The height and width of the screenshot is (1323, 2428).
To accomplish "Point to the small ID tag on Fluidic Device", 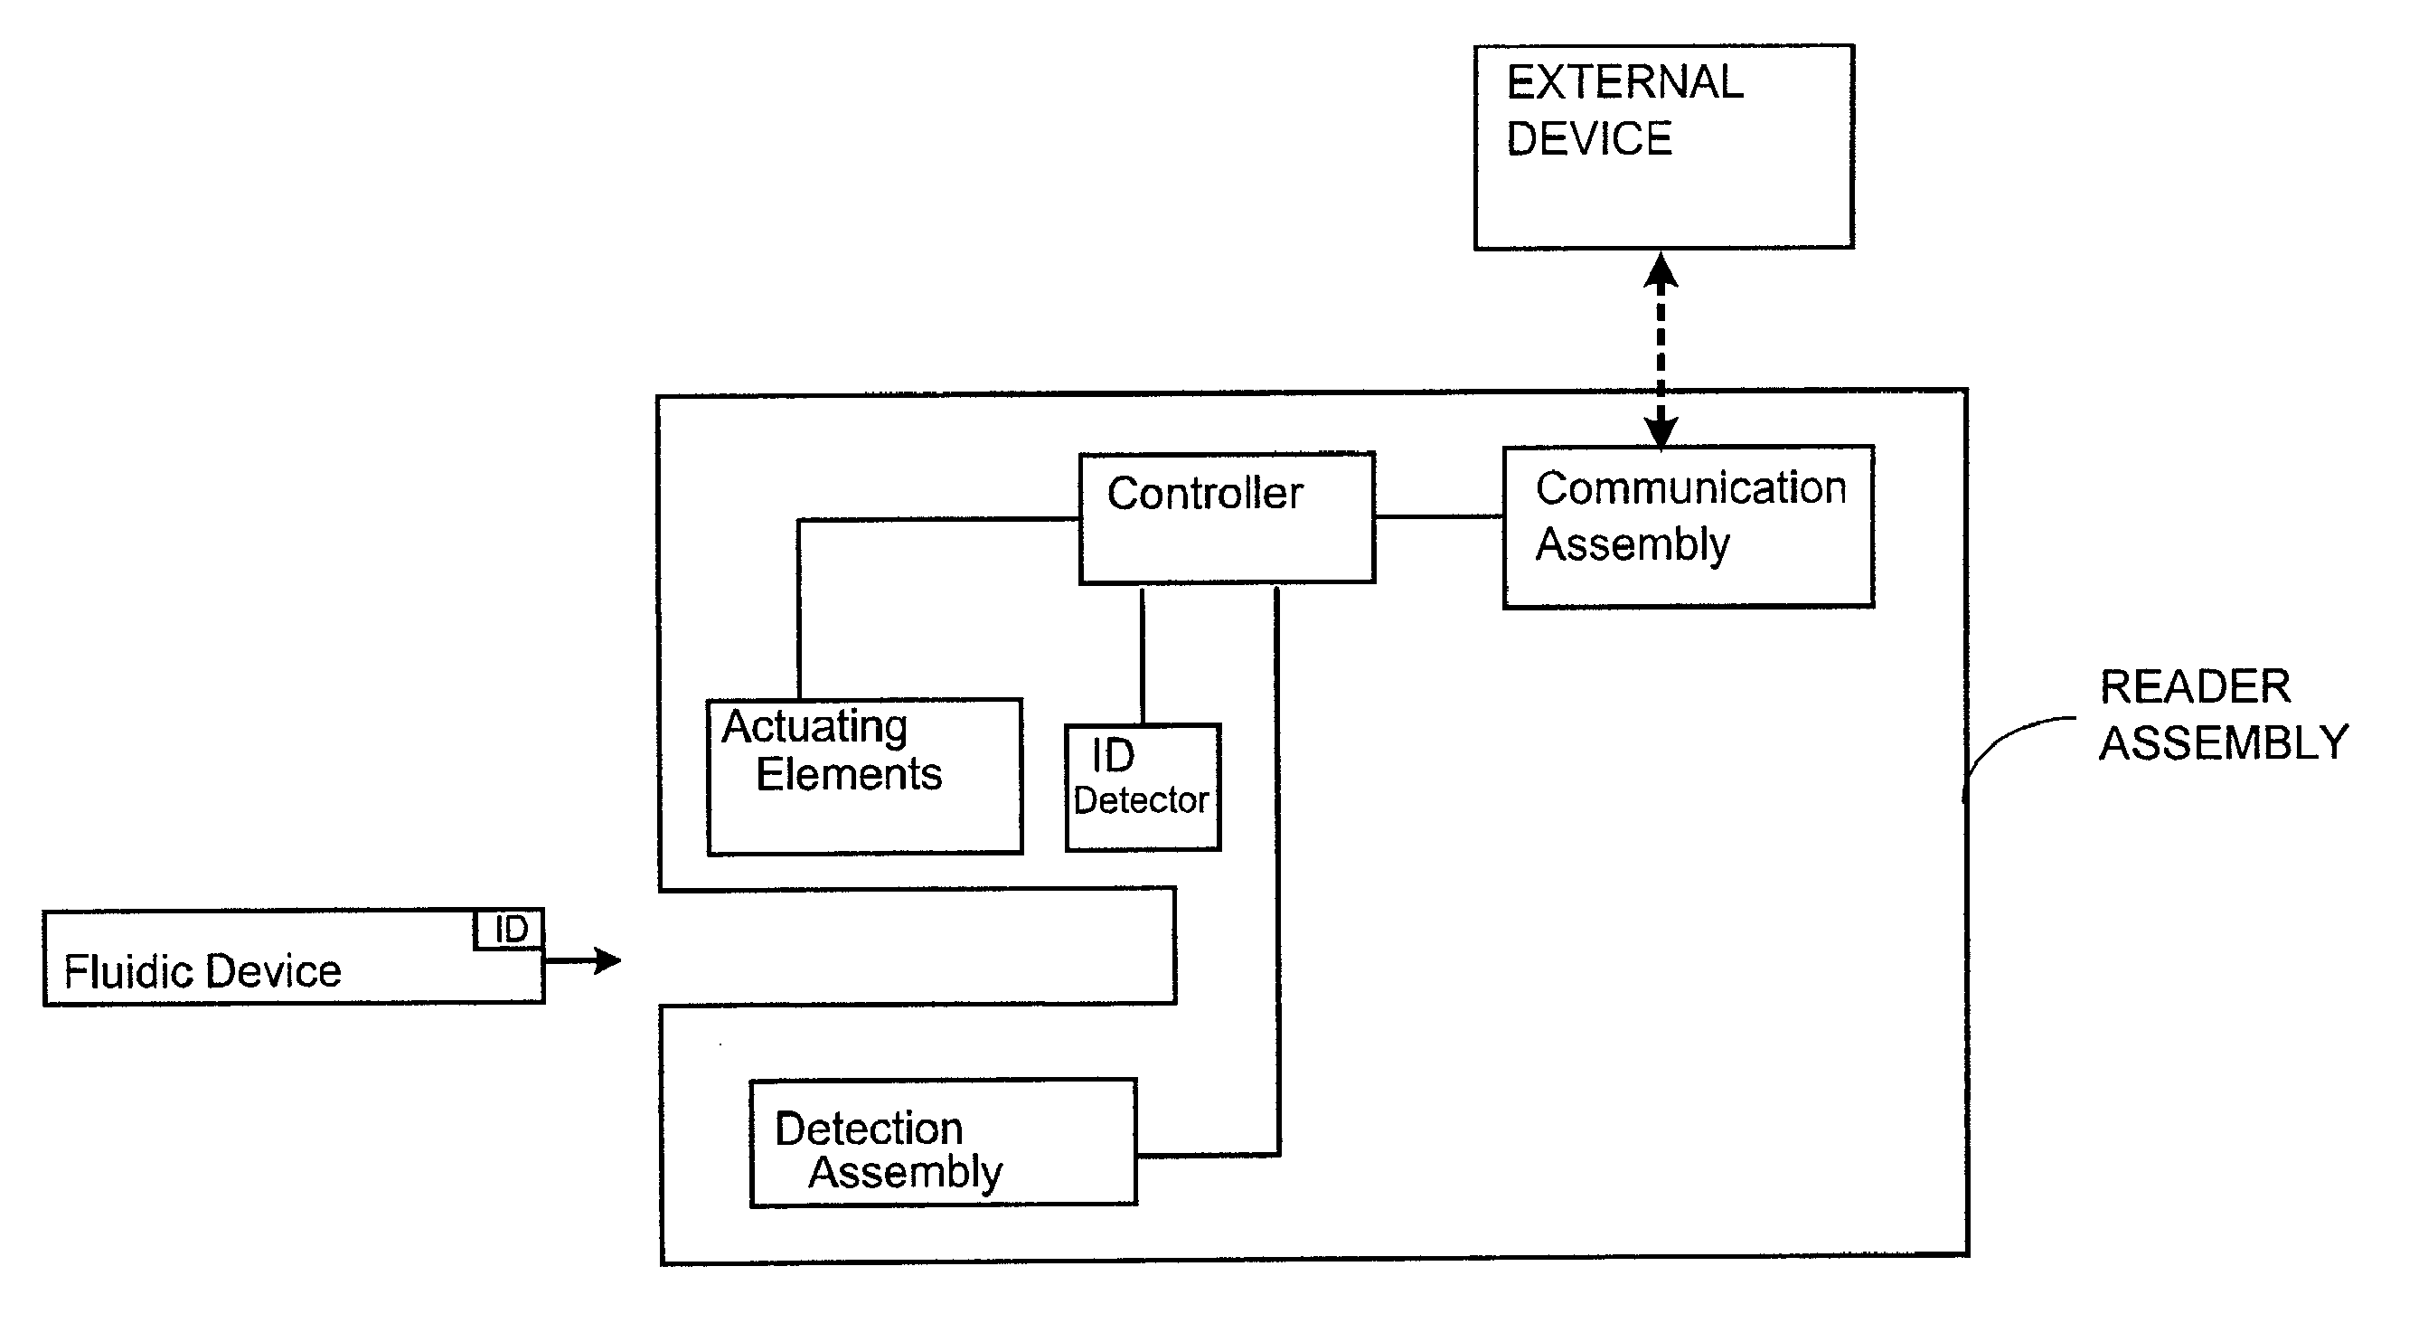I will point(509,930).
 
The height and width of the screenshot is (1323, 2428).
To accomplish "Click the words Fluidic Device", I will point(202,971).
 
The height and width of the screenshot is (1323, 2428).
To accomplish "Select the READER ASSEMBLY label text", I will point(2223,714).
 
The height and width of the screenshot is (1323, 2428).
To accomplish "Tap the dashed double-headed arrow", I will point(1661,349).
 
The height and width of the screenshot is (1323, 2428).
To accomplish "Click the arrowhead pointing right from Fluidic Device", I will point(607,961).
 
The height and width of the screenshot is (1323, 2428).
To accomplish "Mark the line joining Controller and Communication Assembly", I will point(1438,516).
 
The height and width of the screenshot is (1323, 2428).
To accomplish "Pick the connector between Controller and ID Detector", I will point(1143,655).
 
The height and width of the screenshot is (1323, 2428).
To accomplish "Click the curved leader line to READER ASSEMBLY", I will point(2008,741).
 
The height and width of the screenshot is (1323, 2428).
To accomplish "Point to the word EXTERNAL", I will point(1625,83).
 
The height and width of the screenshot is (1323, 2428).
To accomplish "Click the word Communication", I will point(1690,488).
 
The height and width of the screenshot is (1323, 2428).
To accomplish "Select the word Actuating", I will point(814,727).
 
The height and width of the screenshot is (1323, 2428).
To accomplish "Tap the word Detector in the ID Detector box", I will point(1141,800).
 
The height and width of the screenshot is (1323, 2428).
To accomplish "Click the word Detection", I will point(868,1129).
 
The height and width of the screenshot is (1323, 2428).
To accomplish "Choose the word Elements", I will point(848,775).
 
